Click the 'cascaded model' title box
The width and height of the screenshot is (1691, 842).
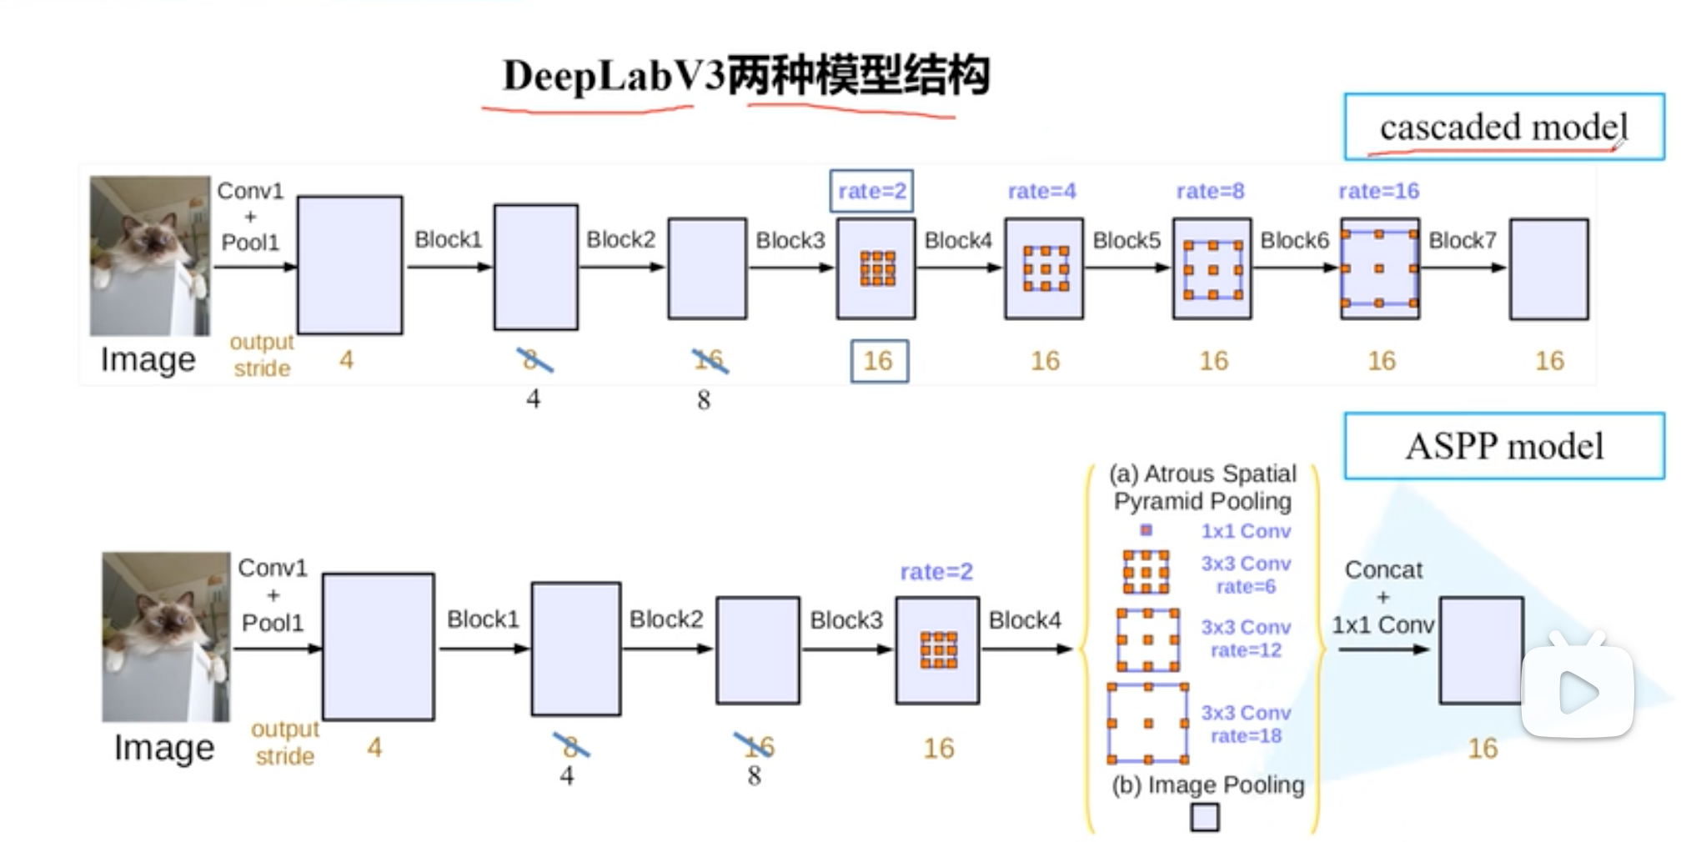coord(1503,127)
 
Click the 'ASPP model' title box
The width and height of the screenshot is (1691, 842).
coord(1503,446)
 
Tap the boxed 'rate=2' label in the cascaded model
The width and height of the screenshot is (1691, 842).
coord(871,191)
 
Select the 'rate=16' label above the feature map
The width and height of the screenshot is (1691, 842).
coord(1378,191)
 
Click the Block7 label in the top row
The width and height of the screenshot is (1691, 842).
coord(1462,240)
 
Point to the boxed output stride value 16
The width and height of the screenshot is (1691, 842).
coord(879,361)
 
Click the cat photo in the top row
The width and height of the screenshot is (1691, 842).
coord(150,255)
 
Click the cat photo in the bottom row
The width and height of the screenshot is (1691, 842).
coord(166,636)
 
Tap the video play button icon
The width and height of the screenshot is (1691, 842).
coord(1577,691)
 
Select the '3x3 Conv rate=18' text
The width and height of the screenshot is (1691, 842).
coord(1246,724)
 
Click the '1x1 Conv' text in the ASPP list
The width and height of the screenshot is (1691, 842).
coord(1246,531)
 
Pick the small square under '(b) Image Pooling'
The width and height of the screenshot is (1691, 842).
coord(1204,817)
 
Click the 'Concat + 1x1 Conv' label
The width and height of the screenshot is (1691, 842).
coord(1382,597)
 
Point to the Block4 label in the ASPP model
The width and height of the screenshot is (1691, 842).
coord(1025,620)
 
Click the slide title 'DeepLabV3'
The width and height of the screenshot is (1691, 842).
coord(613,76)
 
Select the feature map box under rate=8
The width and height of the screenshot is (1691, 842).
coord(1212,268)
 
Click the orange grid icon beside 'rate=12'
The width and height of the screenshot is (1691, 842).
coord(1147,639)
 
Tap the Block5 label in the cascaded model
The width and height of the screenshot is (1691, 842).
coord(1126,240)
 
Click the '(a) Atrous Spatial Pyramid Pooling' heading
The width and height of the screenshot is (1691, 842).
coord(1202,487)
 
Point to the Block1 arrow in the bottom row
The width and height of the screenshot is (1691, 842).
coord(484,649)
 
